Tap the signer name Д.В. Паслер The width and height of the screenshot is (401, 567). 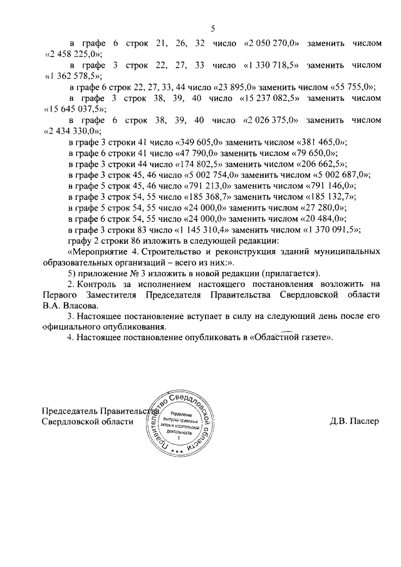(354, 421)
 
